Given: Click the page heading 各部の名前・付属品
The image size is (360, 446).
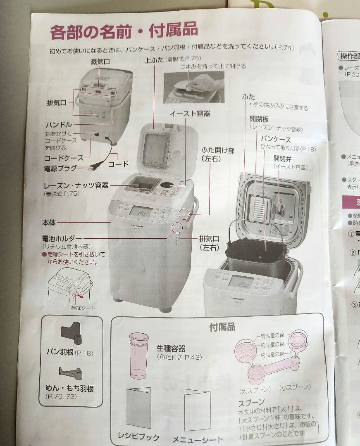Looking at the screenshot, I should [x=124, y=31].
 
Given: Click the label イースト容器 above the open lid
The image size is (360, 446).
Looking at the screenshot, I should [x=189, y=113].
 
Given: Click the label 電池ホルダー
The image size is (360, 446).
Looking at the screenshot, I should [x=62, y=238].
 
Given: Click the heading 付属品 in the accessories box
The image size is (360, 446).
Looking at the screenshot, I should [x=222, y=327].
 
